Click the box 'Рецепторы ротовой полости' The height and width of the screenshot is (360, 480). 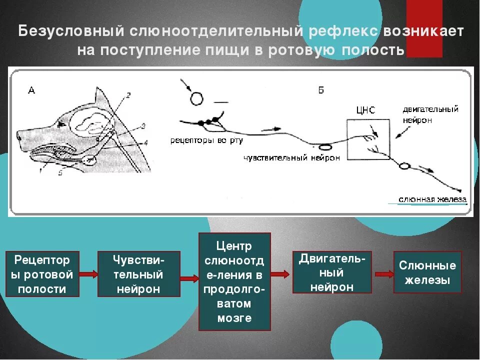tap(43, 274)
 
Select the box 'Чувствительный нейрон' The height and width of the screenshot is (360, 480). tap(138, 274)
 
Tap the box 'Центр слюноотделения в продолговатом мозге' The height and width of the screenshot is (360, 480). tap(234, 281)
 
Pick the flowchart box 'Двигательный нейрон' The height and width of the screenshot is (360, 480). tap(332, 272)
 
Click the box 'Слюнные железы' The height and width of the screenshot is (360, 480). tap(427, 272)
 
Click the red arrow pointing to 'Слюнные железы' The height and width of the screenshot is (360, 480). tap(384, 273)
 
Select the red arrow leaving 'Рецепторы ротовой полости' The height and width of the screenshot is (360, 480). tap(88, 274)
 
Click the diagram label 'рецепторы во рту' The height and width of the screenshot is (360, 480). tap(206, 140)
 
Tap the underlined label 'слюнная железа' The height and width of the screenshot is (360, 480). tap(432, 199)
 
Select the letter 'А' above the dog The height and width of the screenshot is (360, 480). tap(31, 90)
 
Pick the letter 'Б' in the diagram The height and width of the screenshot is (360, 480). tap(320, 90)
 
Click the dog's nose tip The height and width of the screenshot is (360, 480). tap(18, 134)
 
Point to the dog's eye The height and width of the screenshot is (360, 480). tap(61, 123)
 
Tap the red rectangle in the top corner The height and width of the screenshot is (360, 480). tap(424, 28)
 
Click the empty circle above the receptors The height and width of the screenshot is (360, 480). tap(196, 98)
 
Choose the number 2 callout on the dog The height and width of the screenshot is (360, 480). tap(128, 94)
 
